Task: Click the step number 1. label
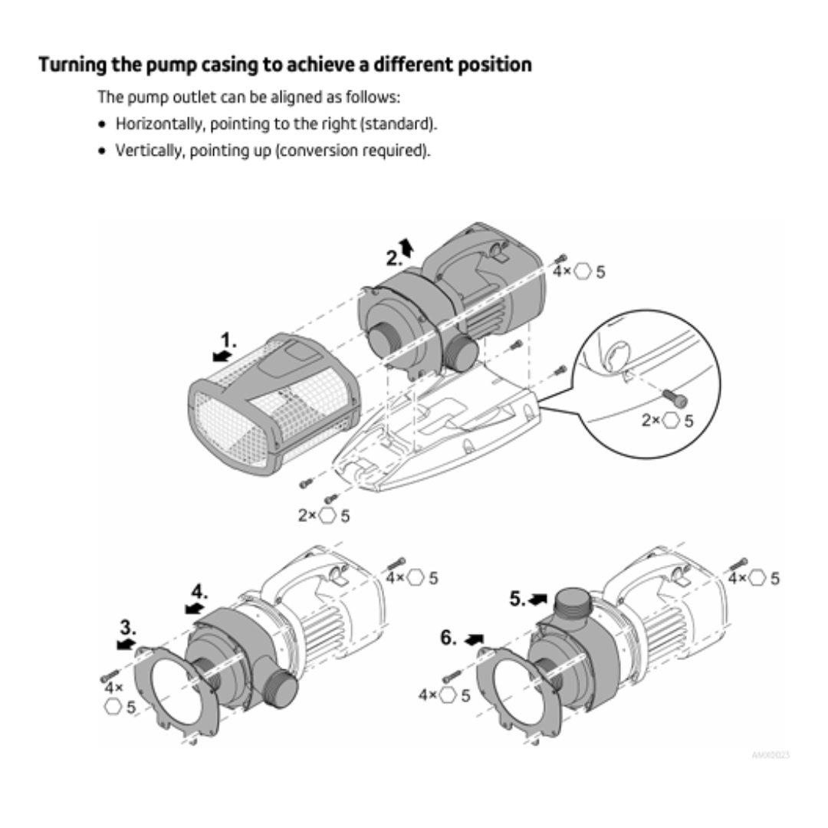pyautogui.click(x=229, y=340)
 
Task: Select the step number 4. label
pyautogui.click(x=199, y=591)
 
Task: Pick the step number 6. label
pyautogui.click(x=449, y=638)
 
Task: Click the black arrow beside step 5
pyautogui.click(x=540, y=598)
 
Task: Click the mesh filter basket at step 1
pyautogui.click(x=272, y=404)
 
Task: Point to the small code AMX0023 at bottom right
pyautogui.click(x=770, y=756)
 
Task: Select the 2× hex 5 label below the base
pyautogui.click(x=324, y=516)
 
